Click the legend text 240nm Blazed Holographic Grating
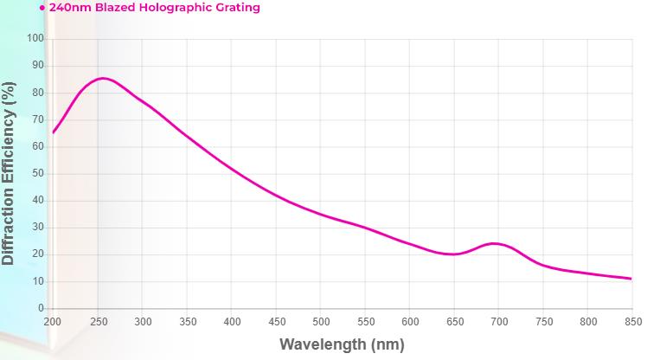coord(154,8)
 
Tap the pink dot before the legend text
coord(42,8)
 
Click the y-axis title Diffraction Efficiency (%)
coord(9,173)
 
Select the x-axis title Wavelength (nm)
coord(342,344)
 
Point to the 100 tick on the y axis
coord(35,39)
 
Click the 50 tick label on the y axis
coord(38,174)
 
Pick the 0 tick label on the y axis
coord(41,309)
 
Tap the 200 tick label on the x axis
coord(53,322)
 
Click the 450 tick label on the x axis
coord(276,322)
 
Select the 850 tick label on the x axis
coord(632,322)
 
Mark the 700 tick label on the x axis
coord(499,322)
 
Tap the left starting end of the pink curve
coord(54,132)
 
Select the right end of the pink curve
coord(631,279)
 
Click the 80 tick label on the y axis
coord(38,93)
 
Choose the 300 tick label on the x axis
coord(143,322)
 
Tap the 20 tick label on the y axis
coord(38,254)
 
